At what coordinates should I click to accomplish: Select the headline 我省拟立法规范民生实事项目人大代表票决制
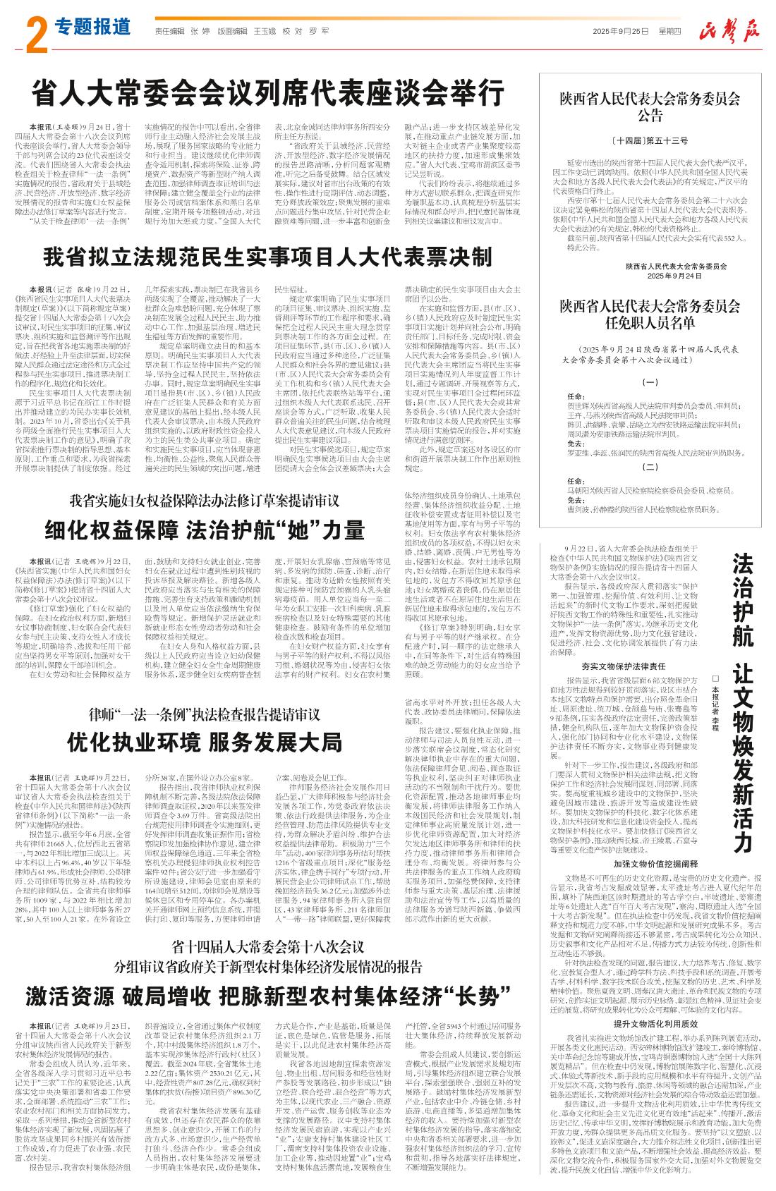[267, 257]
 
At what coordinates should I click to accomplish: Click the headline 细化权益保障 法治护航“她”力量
[205, 530]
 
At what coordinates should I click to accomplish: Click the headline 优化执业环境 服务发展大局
[205, 742]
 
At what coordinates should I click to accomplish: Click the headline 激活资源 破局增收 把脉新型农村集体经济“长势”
[267, 996]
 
